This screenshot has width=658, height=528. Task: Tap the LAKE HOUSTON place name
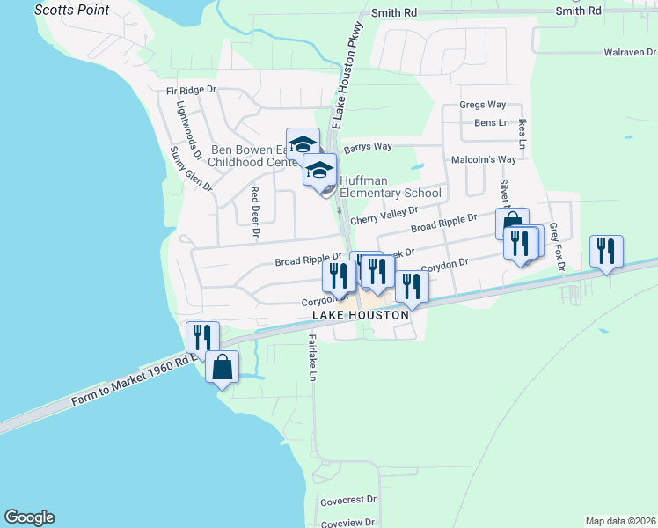361,315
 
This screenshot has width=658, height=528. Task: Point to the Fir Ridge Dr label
192,91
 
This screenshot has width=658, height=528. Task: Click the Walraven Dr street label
630,53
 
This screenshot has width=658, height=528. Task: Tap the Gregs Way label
483,105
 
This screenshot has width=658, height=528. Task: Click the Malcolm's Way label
483,160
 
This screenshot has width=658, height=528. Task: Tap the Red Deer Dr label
255,212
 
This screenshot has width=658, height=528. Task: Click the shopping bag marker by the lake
222,367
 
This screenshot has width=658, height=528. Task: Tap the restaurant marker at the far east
606,252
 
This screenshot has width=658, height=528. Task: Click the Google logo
29,517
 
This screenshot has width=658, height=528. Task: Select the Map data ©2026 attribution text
620,521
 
